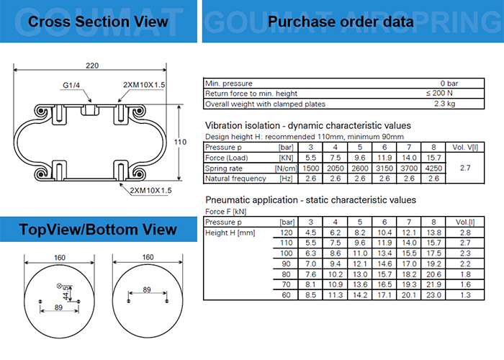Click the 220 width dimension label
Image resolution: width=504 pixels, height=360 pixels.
(x=92, y=66)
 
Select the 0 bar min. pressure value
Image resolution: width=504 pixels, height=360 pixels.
(x=447, y=84)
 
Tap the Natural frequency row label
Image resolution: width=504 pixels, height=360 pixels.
(x=235, y=179)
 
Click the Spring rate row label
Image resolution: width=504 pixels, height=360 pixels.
(x=226, y=168)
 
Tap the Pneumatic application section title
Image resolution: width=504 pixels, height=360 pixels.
(x=310, y=199)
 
